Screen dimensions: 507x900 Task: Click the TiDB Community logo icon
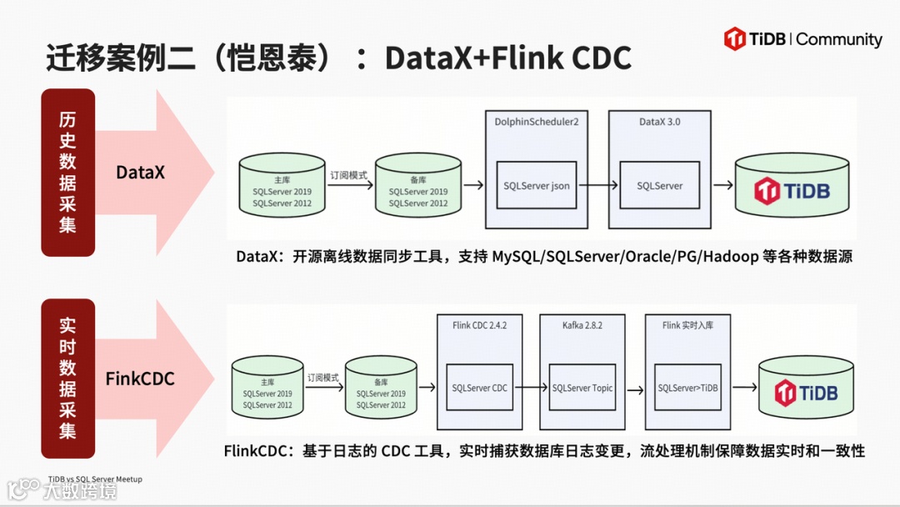click(734, 38)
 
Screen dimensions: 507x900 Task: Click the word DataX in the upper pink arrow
click(140, 173)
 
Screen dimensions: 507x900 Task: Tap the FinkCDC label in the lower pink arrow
click(140, 379)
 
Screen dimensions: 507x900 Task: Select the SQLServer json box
click(537, 185)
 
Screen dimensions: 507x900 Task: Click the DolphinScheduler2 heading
click(537, 122)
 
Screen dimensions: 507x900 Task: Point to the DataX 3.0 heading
click(660, 122)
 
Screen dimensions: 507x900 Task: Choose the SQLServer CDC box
click(479, 388)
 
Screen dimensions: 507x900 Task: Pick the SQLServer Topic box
click(582, 388)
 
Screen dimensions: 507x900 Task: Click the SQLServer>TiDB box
click(687, 388)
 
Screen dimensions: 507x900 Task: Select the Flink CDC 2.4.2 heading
click(479, 325)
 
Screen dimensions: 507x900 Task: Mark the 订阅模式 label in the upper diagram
click(348, 175)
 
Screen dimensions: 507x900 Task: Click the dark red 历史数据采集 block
click(67, 173)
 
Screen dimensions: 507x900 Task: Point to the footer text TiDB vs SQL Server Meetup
click(95, 479)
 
